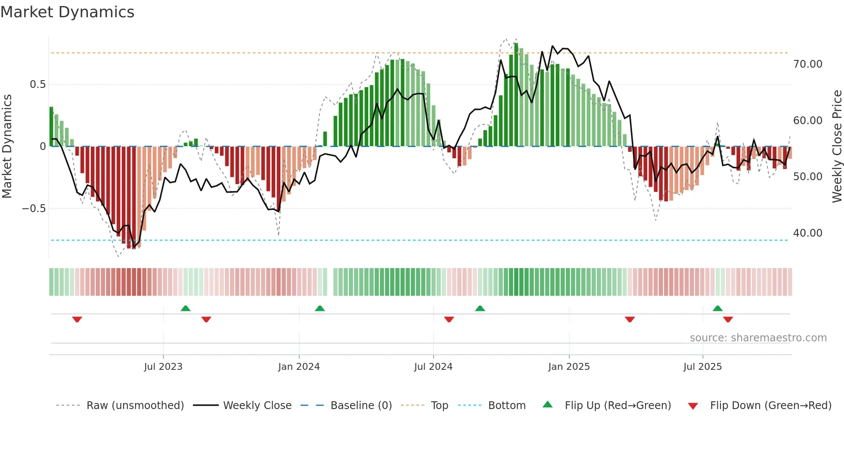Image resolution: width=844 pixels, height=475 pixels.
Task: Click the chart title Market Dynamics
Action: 68,12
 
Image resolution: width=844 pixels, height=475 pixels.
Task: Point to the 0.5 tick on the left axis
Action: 38,84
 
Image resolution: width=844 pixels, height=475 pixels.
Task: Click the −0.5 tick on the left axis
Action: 34,209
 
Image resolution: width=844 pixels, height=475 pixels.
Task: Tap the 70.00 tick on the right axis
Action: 807,64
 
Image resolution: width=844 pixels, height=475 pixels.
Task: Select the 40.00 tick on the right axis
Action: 807,233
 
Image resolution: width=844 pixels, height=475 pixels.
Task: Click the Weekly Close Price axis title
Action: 837,146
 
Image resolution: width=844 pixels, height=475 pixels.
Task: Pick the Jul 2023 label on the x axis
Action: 163,367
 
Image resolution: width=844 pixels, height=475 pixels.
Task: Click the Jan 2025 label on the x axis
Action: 569,367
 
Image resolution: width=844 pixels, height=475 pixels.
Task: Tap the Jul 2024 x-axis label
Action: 433,367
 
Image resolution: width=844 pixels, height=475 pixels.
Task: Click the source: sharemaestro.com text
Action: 758,338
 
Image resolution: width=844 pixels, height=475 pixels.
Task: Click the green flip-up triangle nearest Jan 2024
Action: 320,308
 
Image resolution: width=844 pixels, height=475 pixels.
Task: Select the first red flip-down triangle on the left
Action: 77,319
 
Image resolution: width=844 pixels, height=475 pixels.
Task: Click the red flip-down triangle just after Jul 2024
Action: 449,319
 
